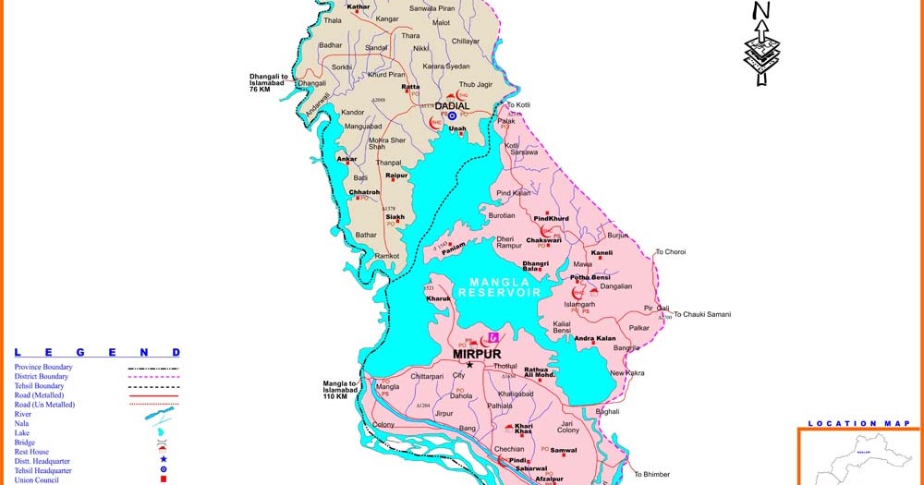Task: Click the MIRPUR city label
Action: [476, 353]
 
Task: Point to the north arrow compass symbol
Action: [761, 43]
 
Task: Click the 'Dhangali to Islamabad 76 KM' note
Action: [274, 82]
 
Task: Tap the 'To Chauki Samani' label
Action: [701, 314]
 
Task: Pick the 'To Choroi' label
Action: [671, 251]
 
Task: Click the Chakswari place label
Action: [543, 240]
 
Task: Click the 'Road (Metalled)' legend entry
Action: [40, 395]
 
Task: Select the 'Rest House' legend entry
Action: [33, 451]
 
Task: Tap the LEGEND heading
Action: [97, 352]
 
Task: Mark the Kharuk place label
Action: [438, 298]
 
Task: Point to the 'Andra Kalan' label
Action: [595, 338]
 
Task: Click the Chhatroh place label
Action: [364, 192]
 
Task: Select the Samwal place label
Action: [564, 450]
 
